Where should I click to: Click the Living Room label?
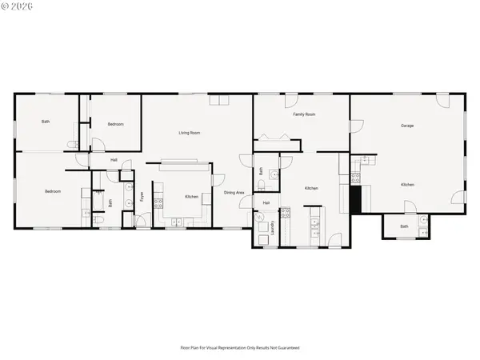[189, 132]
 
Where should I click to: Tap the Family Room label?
[304, 114]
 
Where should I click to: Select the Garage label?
[407, 126]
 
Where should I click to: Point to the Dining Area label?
[234, 193]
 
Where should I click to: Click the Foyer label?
[142, 195]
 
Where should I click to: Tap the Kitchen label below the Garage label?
[407, 185]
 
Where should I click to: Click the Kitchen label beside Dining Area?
[192, 197]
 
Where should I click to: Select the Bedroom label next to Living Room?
[116, 124]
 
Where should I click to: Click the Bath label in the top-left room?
[46, 122]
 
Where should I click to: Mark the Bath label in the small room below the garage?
[404, 226]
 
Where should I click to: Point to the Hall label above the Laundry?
[266, 203]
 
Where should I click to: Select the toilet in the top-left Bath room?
[72, 144]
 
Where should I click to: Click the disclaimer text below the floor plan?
[239, 348]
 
